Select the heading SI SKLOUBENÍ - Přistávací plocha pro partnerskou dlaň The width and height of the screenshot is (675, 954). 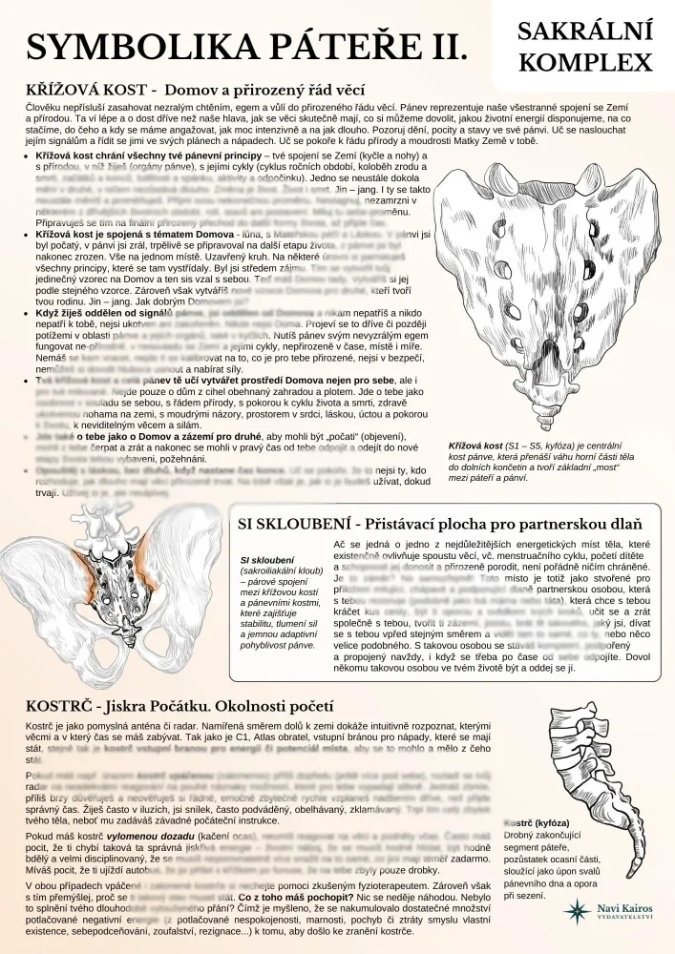439,524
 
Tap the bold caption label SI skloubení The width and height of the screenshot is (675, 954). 267,560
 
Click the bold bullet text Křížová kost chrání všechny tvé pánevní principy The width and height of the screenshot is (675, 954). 148,154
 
